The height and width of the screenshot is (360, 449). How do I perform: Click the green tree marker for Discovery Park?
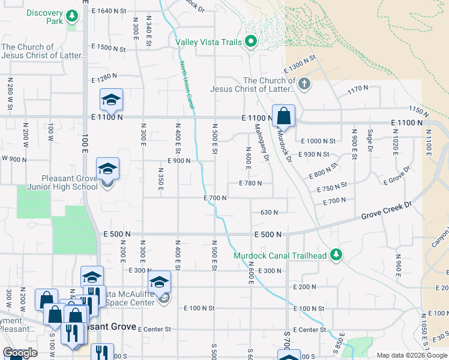[72, 16]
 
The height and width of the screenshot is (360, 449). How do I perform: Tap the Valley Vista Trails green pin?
[252, 42]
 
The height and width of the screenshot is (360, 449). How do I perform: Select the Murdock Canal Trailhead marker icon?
[336, 256]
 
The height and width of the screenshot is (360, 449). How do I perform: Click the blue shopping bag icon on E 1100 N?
[283, 116]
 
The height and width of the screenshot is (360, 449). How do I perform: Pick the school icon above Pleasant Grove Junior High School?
[107, 170]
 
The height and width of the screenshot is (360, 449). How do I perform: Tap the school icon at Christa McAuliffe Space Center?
[159, 283]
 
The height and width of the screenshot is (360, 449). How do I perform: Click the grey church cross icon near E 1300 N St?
[304, 83]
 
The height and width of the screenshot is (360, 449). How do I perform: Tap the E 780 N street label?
[250, 184]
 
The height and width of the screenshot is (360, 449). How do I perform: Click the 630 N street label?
[270, 212]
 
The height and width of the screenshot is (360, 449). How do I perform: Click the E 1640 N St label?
[109, 11]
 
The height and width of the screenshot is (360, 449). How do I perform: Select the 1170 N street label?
[358, 89]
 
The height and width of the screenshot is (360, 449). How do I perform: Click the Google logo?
[20, 353]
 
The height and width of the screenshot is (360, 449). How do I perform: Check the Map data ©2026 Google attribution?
[411, 355]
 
